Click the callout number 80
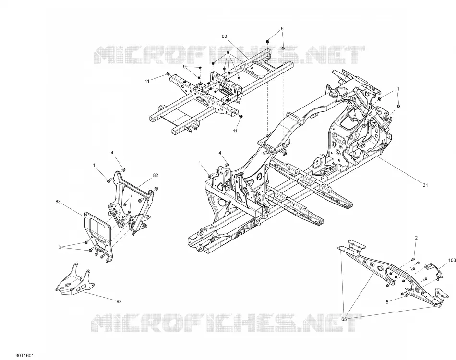coord(224,36)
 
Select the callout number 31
coord(425,185)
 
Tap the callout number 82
coord(156,175)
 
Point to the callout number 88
coord(58,201)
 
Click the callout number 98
coord(119,301)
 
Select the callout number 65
coord(344,319)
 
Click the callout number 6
coord(282,28)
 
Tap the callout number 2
coord(416,238)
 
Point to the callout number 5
coord(387,302)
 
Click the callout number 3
coord(60,248)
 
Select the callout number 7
coord(131,195)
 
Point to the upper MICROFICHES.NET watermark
coord(230,55)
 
